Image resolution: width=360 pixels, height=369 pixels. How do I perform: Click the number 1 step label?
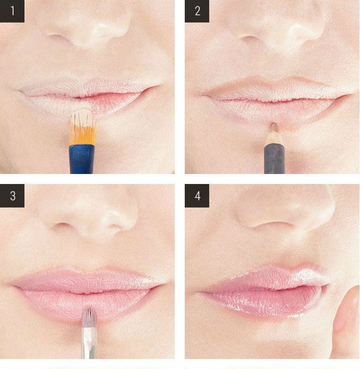[x=12, y=11]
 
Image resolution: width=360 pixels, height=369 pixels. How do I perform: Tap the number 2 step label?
[x=197, y=11]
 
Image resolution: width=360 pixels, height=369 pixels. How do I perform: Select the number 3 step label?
[x=12, y=196]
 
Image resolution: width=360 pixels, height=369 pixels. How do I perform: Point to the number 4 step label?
[x=197, y=196]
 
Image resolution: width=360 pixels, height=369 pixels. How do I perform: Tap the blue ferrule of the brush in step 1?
[x=81, y=159]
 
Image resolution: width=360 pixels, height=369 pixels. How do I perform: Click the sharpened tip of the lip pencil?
[x=273, y=123]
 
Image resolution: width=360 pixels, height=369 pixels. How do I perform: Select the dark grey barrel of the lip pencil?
[x=275, y=159]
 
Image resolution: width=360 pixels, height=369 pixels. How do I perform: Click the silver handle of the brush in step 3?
[x=89, y=343]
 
